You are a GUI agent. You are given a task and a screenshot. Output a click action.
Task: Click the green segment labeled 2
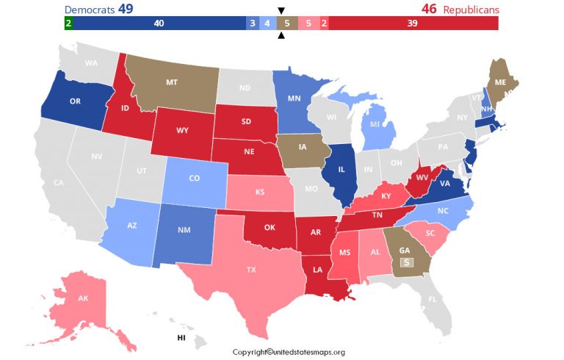point(68,24)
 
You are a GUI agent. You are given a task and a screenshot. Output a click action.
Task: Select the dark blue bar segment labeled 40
point(159,24)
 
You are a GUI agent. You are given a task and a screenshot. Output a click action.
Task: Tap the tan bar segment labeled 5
point(287,24)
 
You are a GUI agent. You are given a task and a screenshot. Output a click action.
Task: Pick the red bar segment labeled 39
point(413,24)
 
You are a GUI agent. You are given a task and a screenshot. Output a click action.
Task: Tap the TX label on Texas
point(251,270)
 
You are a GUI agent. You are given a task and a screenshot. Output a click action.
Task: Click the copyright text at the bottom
point(298,352)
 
